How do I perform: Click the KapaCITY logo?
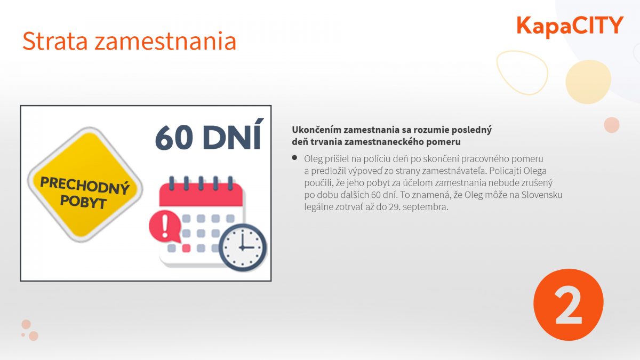[x=570, y=26]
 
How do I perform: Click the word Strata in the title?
[x=55, y=41]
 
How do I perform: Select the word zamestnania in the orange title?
[x=165, y=42]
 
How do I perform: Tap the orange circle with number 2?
[x=569, y=305]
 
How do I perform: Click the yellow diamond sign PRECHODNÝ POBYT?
[x=85, y=185]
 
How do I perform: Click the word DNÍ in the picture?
[x=232, y=134]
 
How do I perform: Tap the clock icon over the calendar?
[x=243, y=247]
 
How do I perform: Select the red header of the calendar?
[x=201, y=195]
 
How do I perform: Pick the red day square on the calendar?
[x=186, y=248]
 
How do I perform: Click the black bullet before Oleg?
[x=294, y=158]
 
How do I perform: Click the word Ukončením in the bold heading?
[x=317, y=130]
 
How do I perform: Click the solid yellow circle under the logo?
[x=588, y=82]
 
